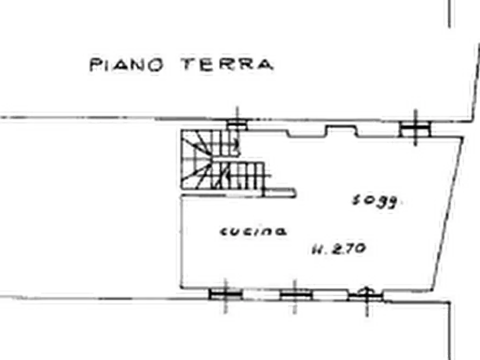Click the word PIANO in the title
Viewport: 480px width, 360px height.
click(x=126, y=64)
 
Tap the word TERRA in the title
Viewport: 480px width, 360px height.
click(x=227, y=64)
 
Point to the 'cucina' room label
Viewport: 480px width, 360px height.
click(x=254, y=232)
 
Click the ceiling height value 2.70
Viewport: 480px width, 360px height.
click(x=349, y=248)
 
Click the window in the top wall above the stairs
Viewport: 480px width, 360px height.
click(x=237, y=124)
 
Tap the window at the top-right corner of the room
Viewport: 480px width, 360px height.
click(x=415, y=129)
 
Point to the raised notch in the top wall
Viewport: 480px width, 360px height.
click(x=341, y=131)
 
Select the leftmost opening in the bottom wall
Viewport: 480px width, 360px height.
click(x=226, y=294)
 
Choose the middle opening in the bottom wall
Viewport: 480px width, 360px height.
click(x=296, y=295)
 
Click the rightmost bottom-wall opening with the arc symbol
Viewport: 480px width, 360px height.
click(x=366, y=294)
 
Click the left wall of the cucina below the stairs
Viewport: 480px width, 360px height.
click(x=181, y=241)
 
